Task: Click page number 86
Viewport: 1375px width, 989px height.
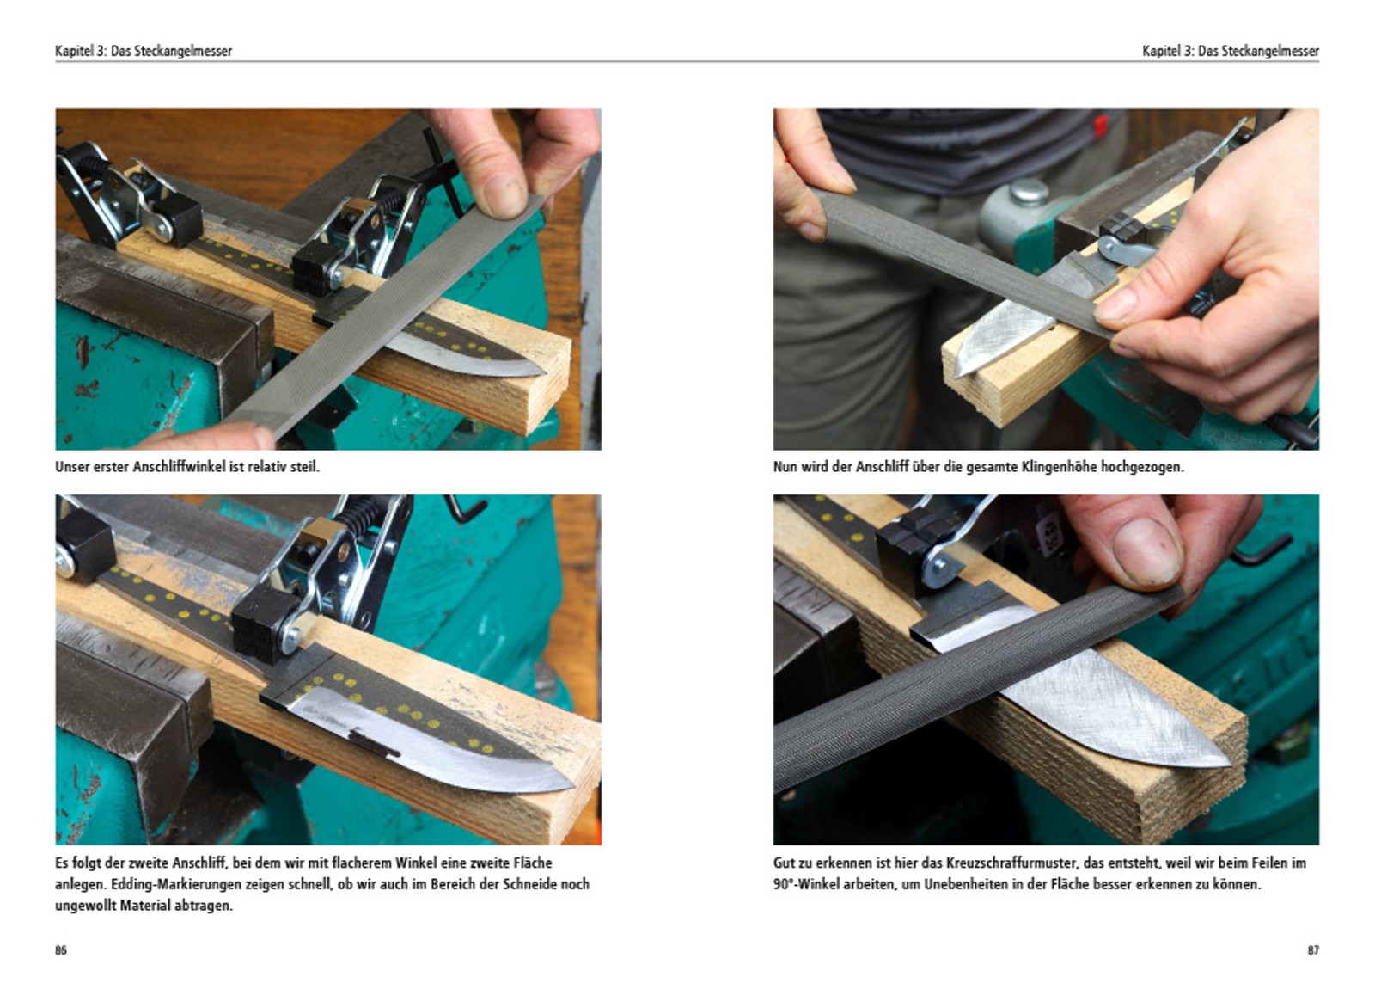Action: [61, 950]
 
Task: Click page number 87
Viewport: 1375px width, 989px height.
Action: [1312, 950]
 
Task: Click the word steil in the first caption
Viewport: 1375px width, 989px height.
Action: [303, 467]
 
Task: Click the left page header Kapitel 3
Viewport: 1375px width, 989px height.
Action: [79, 51]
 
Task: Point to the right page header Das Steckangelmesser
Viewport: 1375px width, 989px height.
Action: [1258, 51]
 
